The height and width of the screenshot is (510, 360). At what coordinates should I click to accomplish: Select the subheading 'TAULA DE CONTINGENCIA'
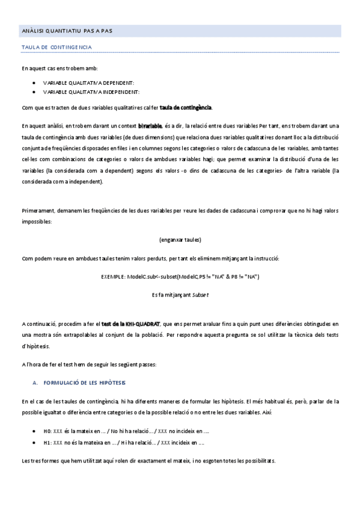pos(56,46)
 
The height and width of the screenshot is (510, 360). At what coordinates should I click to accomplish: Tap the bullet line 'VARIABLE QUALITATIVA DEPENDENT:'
pos(88,82)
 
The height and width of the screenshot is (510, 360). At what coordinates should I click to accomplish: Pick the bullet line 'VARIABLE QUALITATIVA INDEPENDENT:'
pos(91,91)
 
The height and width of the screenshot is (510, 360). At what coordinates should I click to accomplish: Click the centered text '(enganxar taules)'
pos(180,239)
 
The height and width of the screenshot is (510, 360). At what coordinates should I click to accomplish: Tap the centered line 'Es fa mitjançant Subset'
pos(180,295)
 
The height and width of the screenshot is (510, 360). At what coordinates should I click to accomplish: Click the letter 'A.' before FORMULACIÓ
pos(35,382)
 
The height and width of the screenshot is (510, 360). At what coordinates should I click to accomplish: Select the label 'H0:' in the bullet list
pos(47,431)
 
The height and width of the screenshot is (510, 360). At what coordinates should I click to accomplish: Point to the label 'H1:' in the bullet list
pos(47,443)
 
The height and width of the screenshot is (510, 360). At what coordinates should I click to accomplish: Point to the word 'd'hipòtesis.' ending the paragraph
pos(37,346)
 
